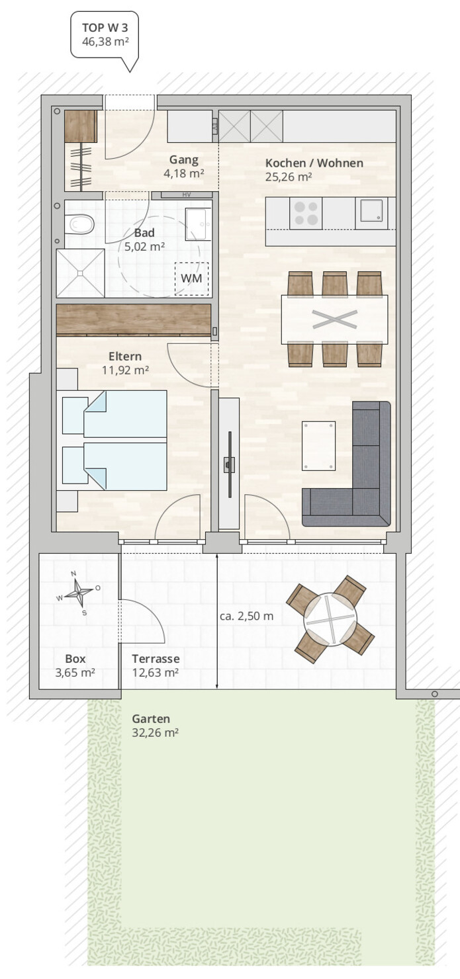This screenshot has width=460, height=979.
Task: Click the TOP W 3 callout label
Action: coord(105,34)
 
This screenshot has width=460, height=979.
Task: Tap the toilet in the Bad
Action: coord(79,225)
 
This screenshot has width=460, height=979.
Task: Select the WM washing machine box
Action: coord(191,278)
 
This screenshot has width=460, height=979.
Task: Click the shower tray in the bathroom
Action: coord(81,273)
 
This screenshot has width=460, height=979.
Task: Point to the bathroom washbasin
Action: coord(198,224)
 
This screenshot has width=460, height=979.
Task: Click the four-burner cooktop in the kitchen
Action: coord(306,213)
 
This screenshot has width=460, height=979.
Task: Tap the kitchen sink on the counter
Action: coord(371,213)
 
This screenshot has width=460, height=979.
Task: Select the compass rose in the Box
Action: coord(79,592)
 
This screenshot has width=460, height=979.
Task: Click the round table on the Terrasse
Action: coord(330,619)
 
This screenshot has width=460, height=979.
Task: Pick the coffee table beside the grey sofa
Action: coord(319,446)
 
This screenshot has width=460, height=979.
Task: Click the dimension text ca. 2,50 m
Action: coord(247,617)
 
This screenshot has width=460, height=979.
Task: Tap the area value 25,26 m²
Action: coord(289,177)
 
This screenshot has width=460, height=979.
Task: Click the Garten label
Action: coord(151,718)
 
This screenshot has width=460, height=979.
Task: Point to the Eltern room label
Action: coord(125,357)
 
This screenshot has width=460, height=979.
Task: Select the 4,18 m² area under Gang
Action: coord(184,173)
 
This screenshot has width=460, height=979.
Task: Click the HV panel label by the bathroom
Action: coord(187,195)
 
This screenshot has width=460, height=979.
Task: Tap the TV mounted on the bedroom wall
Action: coord(229,464)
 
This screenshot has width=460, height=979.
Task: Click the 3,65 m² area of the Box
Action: coord(75,673)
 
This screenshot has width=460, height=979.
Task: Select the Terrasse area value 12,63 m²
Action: coord(156,673)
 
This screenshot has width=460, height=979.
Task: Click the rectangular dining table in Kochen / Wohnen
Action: coord(334,319)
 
